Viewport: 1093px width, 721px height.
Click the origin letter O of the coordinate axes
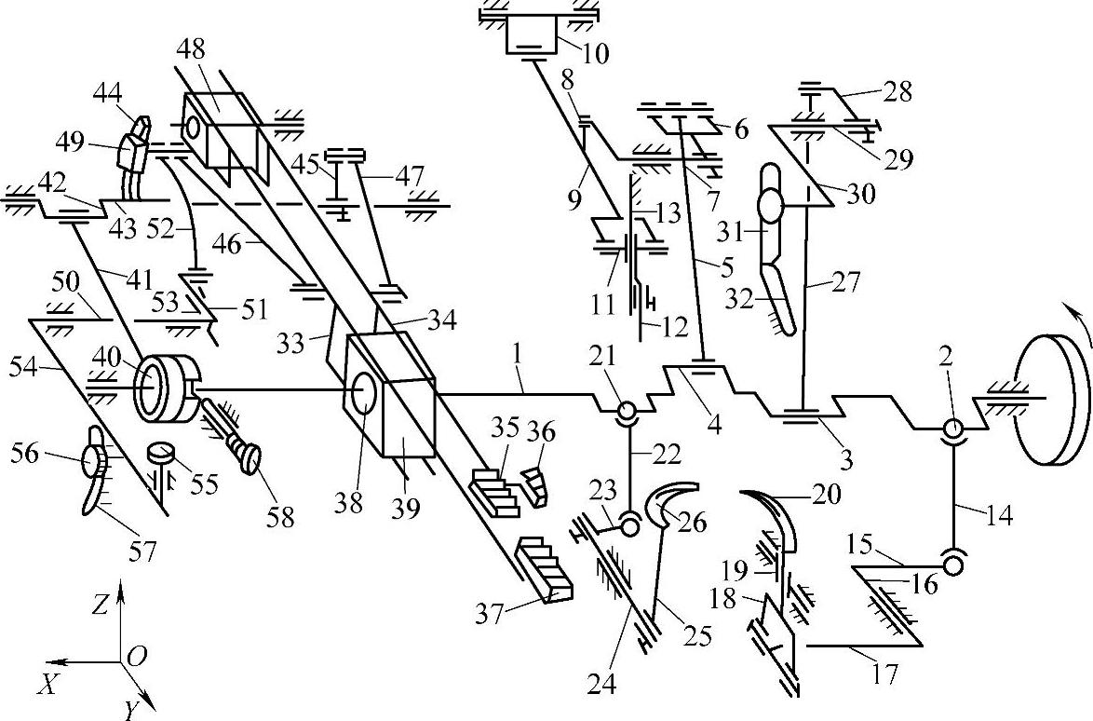coord(136,658)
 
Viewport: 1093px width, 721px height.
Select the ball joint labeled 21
coord(625,411)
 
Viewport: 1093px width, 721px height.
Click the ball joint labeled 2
coord(952,429)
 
